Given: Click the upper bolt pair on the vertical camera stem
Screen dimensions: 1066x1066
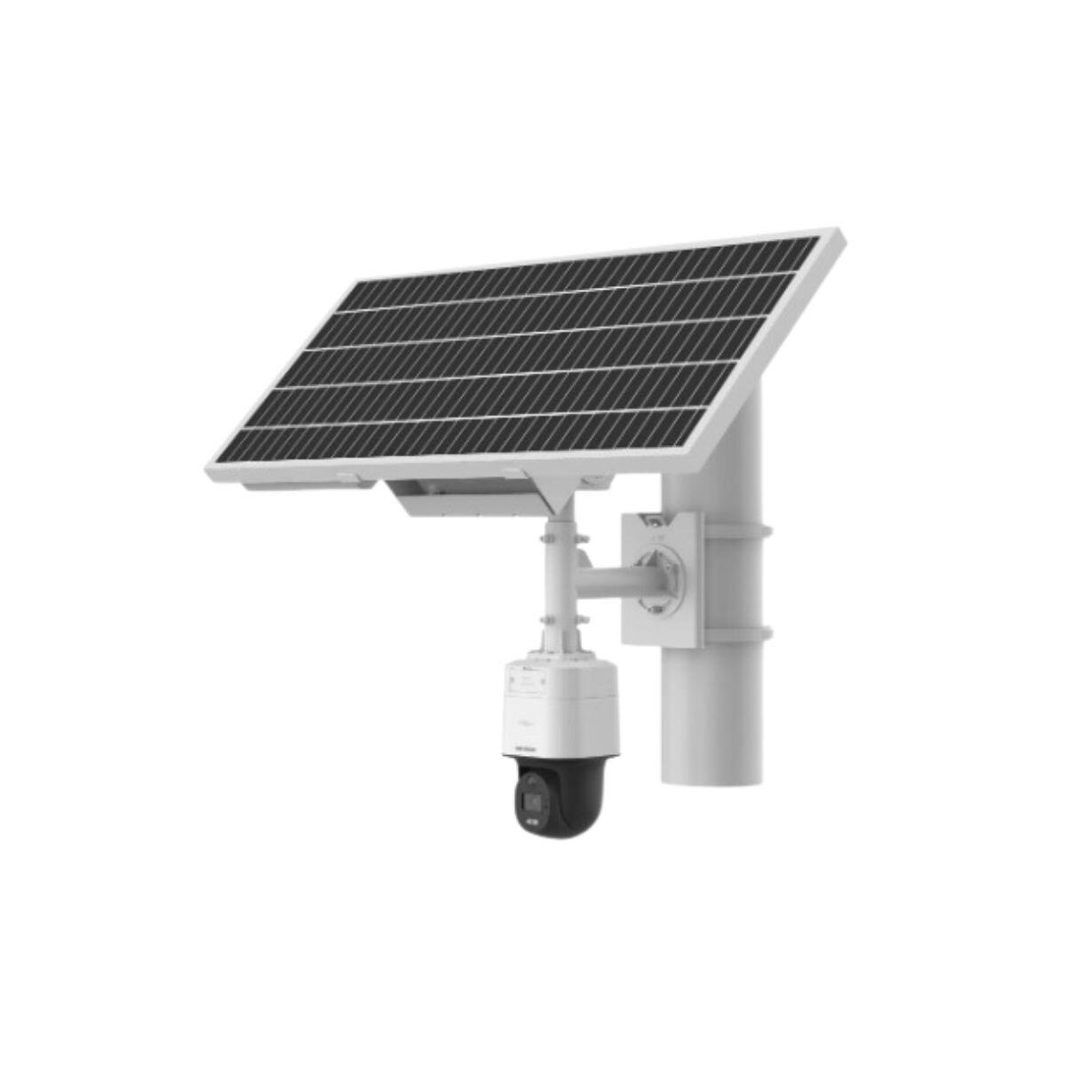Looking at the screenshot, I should click(557, 536).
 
